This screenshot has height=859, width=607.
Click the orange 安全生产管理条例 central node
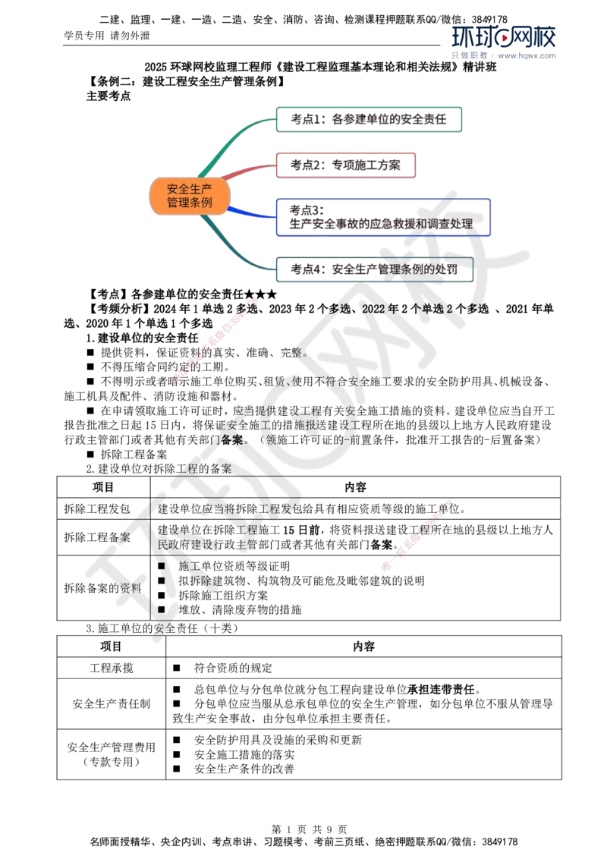click(189, 197)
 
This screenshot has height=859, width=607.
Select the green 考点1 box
click(370, 119)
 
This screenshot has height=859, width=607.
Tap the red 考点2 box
click(345, 165)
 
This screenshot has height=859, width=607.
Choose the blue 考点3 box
click(382, 217)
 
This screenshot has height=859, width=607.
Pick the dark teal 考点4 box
click(374, 270)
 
